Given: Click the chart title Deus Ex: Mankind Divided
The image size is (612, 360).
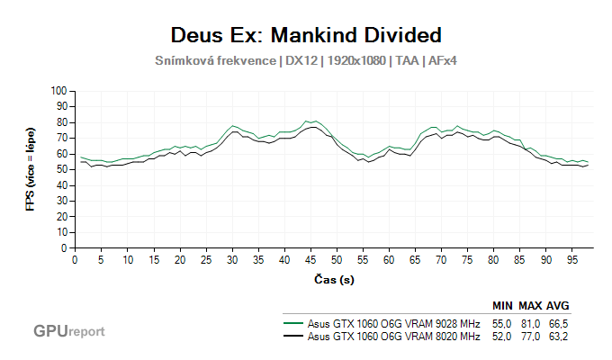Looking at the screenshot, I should click(306, 36).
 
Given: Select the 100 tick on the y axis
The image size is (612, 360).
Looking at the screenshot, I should click(59, 91).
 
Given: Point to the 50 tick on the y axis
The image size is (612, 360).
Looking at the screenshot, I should click(62, 169).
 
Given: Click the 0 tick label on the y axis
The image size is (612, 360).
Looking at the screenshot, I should click(65, 247).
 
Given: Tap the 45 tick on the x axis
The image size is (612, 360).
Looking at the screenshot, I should click(310, 259).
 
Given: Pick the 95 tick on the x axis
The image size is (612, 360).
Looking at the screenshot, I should click(572, 259).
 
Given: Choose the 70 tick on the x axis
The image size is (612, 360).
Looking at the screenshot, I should click(441, 259).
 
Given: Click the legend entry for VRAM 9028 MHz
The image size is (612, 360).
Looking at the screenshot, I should click(393, 323).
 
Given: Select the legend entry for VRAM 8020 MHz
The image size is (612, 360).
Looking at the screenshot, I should click(393, 337).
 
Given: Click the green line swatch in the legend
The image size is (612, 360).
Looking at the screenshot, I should click(292, 323).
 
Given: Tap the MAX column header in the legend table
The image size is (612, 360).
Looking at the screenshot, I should click(529, 305).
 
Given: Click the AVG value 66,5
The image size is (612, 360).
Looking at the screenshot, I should click(558, 323).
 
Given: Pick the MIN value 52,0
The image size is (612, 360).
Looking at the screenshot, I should click(501, 337).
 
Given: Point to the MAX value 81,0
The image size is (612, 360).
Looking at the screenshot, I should click(529, 323).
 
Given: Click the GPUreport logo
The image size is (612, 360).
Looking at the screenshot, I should click(68, 331).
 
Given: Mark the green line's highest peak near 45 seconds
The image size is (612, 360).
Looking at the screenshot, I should click(309, 121).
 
